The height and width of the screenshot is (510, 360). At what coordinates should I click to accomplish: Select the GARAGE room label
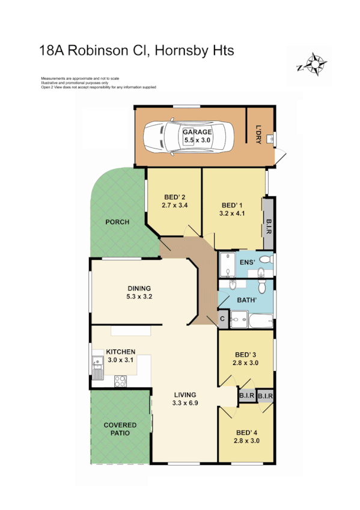pyautogui.click(x=197, y=132)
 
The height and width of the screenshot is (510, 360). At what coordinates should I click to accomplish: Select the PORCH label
pyautogui.click(x=117, y=222)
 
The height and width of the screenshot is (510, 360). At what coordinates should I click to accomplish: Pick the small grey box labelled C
pyautogui.click(x=222, y=319)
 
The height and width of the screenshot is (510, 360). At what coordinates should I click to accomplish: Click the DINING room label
pyautogui.click(x=139, y=288)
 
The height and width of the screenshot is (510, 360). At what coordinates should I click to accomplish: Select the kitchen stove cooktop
pyautogui.click(x=120, y=379)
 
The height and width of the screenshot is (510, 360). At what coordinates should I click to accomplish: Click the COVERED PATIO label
pyautogui.click(x=120, y=429)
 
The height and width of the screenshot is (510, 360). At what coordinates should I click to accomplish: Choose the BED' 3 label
pyautogui.click(x=246, y=354)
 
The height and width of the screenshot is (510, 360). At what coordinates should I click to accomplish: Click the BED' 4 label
pyautogui.click(x=246, y=432)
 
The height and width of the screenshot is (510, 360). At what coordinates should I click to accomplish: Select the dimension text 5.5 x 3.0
pyautogui.click(x=197, y=140)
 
